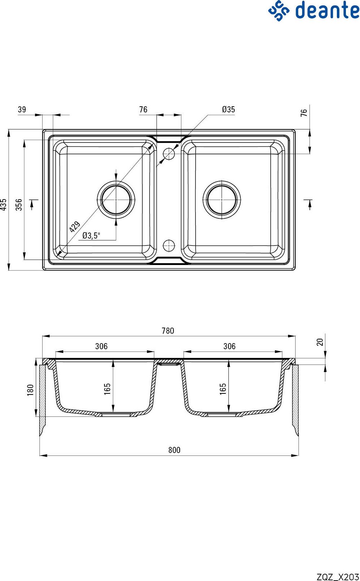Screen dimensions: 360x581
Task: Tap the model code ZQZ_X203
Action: pyautogui.click(x=338, y=577)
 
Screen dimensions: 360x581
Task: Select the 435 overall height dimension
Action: pyautogui.click(x=4, y=205)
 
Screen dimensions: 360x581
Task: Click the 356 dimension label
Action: pyautogui.click(x=19, y=205)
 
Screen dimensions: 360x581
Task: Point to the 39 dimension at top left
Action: pyautogui.click(x=22, y=110)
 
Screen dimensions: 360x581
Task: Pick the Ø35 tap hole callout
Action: pyautogui.click(x=228, y=110)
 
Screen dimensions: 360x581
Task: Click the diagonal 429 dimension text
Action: pyautogui.click(x=75, y=227)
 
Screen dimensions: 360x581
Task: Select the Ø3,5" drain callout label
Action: pyautogui.click(x=91, y=235)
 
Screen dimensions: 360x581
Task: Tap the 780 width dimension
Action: pyautogui.click(x=168, y=331)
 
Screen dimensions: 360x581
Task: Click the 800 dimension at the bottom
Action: pyautogui.click(x=174, y=450)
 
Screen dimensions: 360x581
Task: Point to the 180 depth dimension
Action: pyautogui.click(x=30, y=390)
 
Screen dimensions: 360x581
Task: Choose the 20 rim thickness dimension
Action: pyautogui.click(x=320, y=342)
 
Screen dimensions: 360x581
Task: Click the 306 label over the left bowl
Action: pyautogui.click(x=102, y=346)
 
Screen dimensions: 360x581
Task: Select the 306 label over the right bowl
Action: pyautogui.click(x=230, y=346)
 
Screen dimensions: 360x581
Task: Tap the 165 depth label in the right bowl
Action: pyautogui.click(x=223, y=389)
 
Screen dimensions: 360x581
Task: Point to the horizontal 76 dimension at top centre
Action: pyautogui.click(x=143, y=110)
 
